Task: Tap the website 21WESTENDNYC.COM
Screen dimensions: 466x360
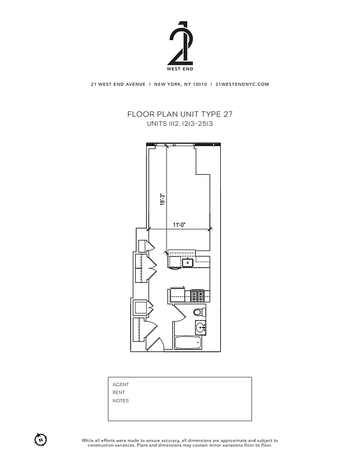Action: pos(242,84)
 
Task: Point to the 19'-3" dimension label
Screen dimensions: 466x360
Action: pos(163,199)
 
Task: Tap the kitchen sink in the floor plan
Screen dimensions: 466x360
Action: pos(188,263)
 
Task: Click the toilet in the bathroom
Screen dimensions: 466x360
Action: pos(198,310)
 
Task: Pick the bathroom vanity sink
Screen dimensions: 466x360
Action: pos(200,326)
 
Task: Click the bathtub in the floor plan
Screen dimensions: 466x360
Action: pos(189,343)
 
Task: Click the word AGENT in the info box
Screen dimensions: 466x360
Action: pos(121,384)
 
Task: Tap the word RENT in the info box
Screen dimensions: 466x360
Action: pos(119,393)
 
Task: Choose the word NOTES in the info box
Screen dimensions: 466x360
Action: pos(121,401)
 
